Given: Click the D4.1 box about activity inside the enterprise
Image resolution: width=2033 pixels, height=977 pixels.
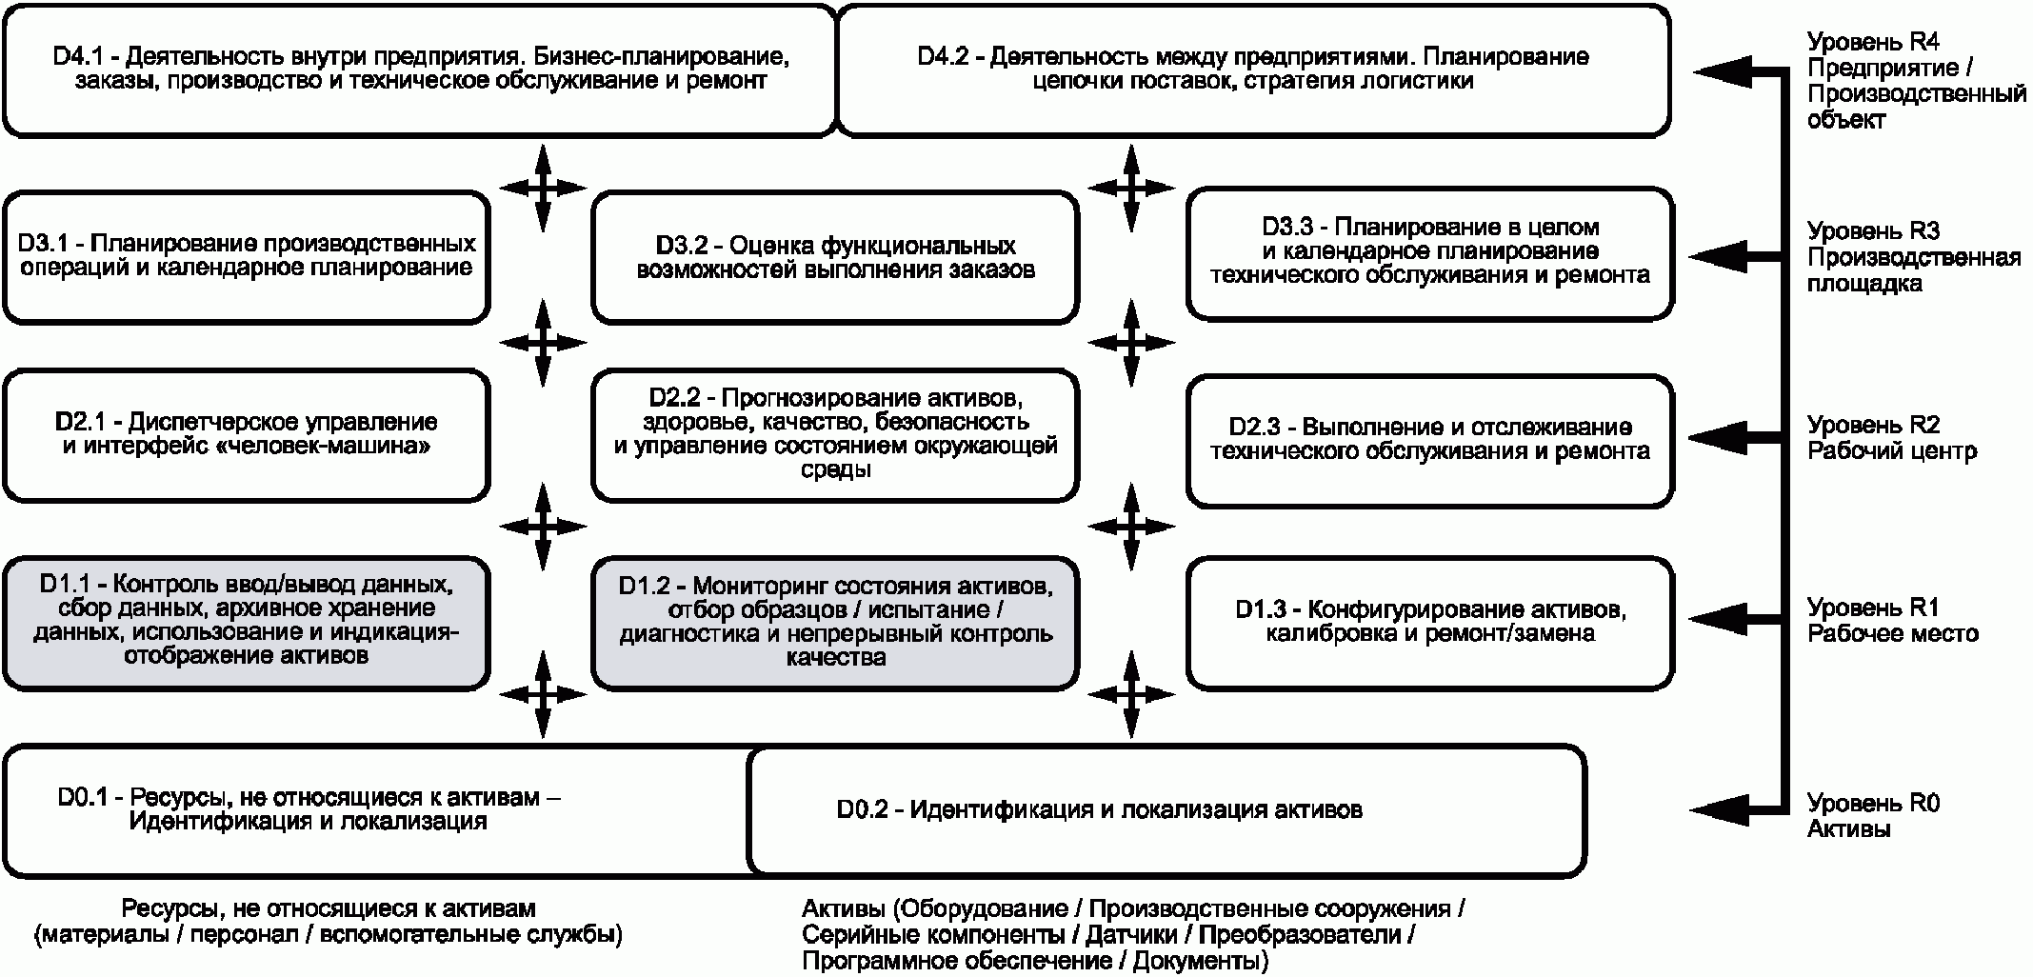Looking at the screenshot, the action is (419, 70).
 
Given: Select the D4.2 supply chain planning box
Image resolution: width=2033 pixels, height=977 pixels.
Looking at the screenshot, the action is (1253, 70).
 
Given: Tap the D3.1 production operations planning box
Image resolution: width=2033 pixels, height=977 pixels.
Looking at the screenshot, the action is (246, 257).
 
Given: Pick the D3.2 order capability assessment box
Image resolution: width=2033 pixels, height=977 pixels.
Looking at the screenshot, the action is (835, 257).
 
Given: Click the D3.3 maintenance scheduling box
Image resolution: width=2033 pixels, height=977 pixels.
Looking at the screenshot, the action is (1429, 253).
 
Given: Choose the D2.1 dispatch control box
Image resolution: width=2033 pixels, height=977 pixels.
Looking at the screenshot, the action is (246, 436).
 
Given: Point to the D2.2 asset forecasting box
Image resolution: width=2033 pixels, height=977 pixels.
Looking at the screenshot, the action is (835, 436).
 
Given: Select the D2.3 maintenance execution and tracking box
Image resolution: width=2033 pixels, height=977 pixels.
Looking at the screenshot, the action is (1429, 440).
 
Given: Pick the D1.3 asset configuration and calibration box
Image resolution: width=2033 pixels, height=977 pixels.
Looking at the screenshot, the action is (1429, 623).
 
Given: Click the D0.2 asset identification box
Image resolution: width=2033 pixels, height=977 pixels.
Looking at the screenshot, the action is (1166, 810).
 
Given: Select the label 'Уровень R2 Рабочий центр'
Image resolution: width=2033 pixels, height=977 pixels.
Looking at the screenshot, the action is (1892, 438).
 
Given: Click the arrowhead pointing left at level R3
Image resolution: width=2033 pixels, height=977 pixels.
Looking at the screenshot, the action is (1716, 256).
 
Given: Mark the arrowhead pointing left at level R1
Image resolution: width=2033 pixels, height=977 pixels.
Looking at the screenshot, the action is (1716, 619).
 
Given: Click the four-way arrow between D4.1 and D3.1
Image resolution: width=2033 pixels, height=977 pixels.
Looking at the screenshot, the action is (542, 188).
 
